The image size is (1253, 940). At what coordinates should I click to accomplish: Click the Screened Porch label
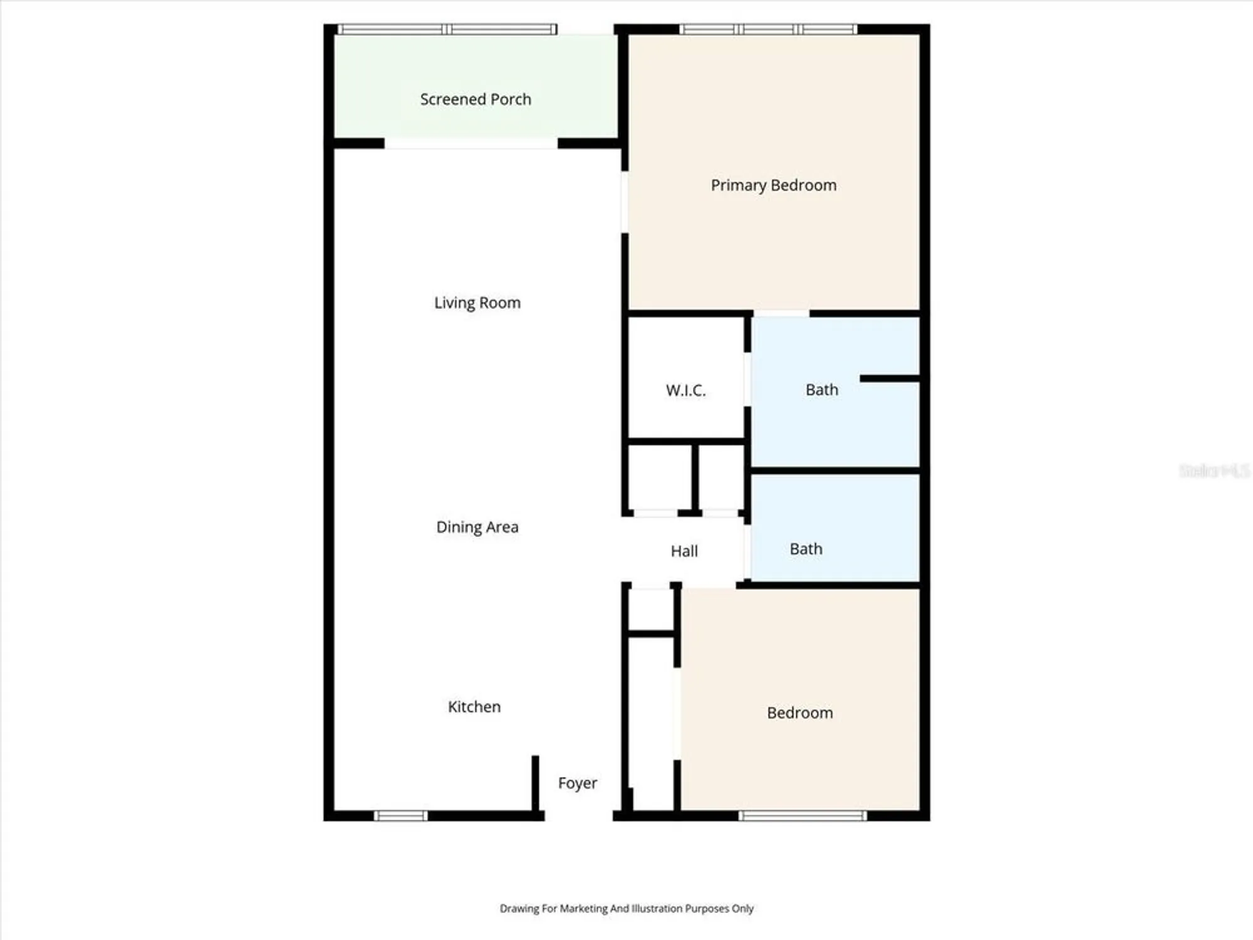click(476, 99)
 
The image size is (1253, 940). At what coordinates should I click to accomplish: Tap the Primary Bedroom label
click(773, 185)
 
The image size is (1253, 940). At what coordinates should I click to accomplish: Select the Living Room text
click(477, 303)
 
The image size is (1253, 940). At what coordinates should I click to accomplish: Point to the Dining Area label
click(477, 527)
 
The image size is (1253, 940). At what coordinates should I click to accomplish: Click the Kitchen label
click(474, 707)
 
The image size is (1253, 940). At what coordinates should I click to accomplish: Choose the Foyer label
click(577, 783)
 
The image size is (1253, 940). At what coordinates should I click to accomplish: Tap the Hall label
click(684, 551)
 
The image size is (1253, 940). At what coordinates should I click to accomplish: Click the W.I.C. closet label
click(685, 390)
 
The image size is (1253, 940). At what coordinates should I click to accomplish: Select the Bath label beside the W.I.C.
click(821, 390)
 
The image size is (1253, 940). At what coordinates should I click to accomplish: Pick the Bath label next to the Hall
click(806, 549)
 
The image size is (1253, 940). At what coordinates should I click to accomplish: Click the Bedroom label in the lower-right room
click(799, 713)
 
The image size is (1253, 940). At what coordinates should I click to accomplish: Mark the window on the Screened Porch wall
click(447, 29)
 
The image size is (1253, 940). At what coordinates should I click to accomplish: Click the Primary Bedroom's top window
click(768, 29)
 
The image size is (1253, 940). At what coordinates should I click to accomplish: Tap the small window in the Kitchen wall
click(401, 815)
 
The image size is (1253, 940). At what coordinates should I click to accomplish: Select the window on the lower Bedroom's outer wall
click(803, 815)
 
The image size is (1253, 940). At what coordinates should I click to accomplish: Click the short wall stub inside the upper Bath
click(889, 379)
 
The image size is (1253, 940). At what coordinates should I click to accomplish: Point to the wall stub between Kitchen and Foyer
click(535, 783)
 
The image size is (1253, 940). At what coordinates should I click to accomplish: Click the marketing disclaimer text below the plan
click(626, 908)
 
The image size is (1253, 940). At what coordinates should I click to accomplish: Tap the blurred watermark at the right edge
click(1214, 471)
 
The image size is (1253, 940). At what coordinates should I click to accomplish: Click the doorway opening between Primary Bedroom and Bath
click(781, 313)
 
